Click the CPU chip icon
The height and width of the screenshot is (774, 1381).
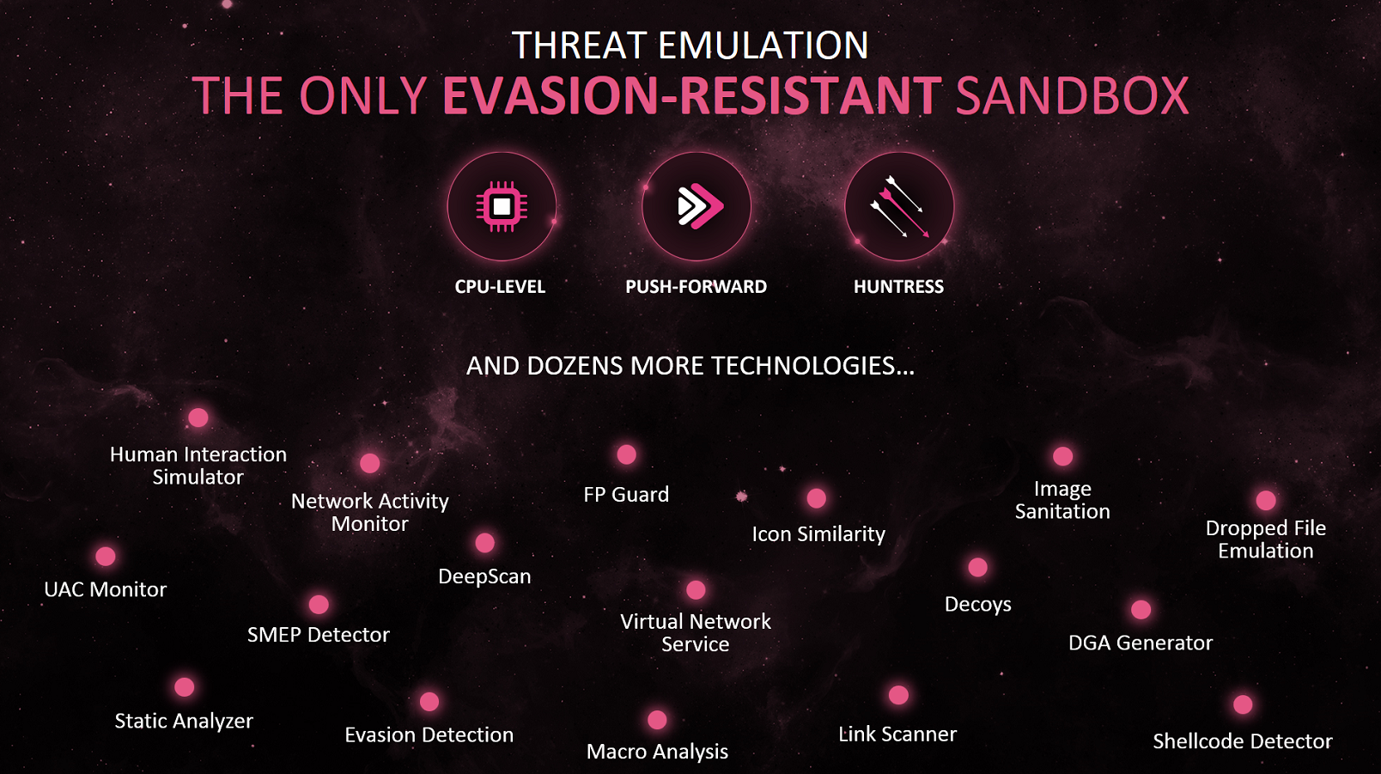pyautogui.click(x=502, y=207)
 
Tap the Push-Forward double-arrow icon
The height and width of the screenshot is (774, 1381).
pyautogui.click(x=700, y=206)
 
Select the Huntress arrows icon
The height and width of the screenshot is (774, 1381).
pyautogui.click(x=899, y=207)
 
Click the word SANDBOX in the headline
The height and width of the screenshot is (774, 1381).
pyautogui.click(x=1072, y=95)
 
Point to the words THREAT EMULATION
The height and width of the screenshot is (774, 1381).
pyautogui.click(x=690, y=45)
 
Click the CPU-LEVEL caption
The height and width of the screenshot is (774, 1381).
pyautogui.click(x=500, y=287)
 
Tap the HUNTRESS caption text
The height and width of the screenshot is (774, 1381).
pyautogui.click(x=898, y=287)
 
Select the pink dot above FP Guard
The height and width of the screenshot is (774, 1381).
pyautogui.click(x=626, y=454)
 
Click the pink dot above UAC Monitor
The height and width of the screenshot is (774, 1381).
pyautogui.click(x=106, y=557)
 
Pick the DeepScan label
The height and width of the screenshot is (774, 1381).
pyautogui.click(x=484, y=576)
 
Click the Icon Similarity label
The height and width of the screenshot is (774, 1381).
pyautogui.click(x=818, y=533)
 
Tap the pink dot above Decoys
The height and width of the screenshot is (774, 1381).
pyautogui.click(x=978, y=567)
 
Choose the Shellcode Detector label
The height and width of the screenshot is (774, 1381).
pyautogui.click(x=1242, y=740)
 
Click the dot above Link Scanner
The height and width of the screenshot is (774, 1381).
pyautogui.click(x=898, y=695)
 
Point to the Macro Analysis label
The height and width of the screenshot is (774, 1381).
pyautogui.click(x=657, y=751)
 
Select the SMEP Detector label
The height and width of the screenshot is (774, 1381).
pyautogui.click(x=318, y=635)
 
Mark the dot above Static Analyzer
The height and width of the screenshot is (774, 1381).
pyautogui.click(x=185, y=687)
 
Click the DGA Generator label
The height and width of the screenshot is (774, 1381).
pyautogui.click(x=1141, y=643)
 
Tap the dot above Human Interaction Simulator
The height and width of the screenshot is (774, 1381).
pyautogui.click(x=198, y=417)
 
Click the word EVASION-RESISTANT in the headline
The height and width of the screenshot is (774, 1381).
pyautogui.click(x=691, y=95)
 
